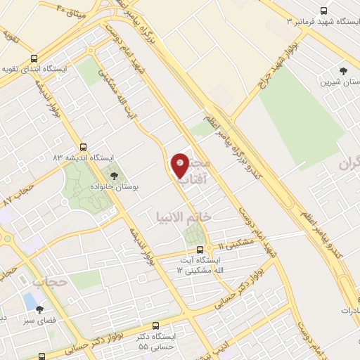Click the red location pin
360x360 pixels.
(x=180, y=165)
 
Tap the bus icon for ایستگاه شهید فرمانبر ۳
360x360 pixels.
(x=323, y=11)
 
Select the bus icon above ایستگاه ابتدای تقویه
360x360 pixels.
(x=34, y=60)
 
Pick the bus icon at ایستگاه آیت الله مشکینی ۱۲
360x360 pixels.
(x=200, y=249)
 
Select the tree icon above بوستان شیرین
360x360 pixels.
(x=343, y=71)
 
